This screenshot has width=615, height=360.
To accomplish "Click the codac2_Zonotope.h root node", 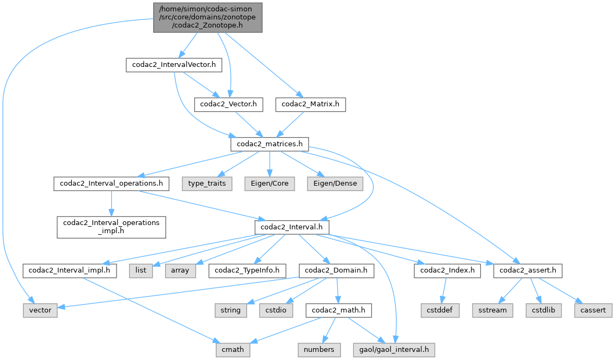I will click(208, 17).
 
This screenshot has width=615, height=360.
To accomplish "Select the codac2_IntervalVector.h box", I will click(174, 65).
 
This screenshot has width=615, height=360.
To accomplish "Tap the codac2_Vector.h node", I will click(228, 104).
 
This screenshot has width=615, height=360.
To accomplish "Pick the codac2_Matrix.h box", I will click(310, 104).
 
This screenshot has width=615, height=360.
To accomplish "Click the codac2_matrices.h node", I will click(270, 144).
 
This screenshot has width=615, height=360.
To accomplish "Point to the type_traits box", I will click(208, 184).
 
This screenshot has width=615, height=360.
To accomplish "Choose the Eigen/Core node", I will click(270, 184).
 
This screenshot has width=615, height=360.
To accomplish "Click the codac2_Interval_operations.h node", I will click(111, 184).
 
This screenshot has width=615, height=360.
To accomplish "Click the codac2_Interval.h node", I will click(292, 227).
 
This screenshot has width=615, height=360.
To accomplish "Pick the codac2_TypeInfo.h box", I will click(247, 270).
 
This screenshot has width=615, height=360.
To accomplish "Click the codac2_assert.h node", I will click(528, 270).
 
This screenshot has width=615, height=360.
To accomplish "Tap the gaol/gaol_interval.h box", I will click(394, 350).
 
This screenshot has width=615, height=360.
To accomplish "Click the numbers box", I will click(318, 350).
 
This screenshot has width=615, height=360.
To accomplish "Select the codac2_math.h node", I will click(337, 310).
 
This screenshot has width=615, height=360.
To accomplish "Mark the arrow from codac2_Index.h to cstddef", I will click(442, 290).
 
